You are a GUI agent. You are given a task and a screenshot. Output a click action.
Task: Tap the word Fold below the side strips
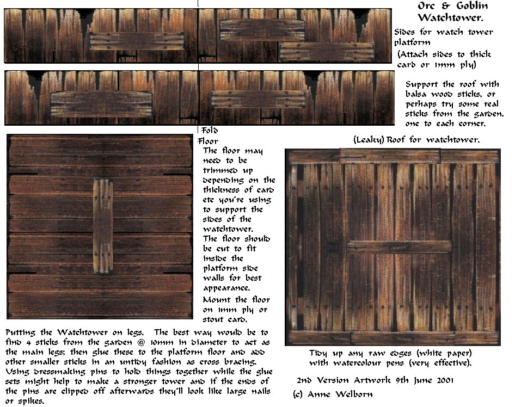pyautogui.click(x=209, y=131)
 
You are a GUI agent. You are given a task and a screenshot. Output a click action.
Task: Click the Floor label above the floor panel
pyautogui.click(x=207, y=141)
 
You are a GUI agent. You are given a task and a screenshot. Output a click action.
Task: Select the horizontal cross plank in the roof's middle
pyautogui.click(x=399, y=247)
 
